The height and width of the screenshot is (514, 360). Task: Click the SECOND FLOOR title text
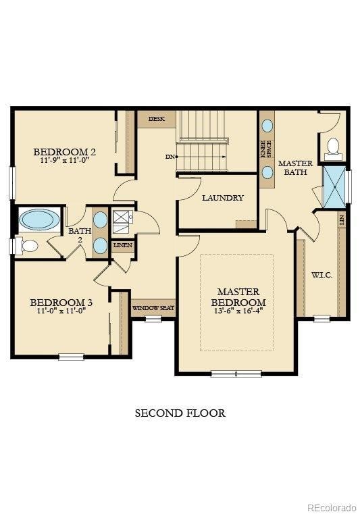coord(180,413)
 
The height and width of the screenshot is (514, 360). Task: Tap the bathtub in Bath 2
coord(38,220)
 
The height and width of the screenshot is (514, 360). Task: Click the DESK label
coord(156,119)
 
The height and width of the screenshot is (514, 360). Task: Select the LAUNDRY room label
coord(222,198)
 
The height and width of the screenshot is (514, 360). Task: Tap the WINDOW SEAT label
coord(153,308)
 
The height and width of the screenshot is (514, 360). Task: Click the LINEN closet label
coord(123,246)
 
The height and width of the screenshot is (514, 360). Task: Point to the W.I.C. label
coord(322,276)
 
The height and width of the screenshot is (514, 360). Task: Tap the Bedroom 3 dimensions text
coord(61,312)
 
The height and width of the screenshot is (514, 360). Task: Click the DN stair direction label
coord(170,157)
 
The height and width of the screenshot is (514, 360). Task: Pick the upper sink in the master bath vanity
coord(267,126)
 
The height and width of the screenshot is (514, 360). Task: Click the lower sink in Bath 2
coord(100,245)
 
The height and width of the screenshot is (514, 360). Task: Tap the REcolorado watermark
coord(330,507)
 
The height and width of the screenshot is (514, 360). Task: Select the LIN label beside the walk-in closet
coord(342,220)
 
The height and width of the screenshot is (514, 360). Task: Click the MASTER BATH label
coord(295,168)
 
